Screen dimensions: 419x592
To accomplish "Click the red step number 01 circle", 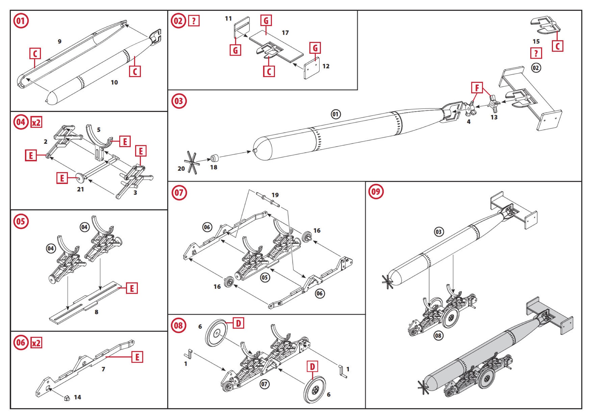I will coord(21,21).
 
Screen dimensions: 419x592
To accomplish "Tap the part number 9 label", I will coord(60,42).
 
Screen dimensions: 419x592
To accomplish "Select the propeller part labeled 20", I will coord(192,162).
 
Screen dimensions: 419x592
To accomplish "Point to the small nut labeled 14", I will coord(67,398).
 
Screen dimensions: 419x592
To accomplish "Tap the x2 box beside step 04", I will coord(36,122).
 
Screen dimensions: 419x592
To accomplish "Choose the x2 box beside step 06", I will coord(36,343).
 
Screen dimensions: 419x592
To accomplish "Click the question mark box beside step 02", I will coord(194,21).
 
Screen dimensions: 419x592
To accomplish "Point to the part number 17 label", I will coord(285,33).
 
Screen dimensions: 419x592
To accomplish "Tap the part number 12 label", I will coord(326,66).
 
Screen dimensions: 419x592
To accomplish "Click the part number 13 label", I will coord(494,117).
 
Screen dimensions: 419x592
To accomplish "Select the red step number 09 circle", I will coord(376,191).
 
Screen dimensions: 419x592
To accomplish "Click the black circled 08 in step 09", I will coord(438,336).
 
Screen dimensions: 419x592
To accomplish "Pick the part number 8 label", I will coord(96,312).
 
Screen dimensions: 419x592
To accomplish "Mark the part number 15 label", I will coord(536,42).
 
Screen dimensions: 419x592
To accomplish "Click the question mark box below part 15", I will coord(536,53).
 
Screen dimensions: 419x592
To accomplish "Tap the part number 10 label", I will coord(114,82).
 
